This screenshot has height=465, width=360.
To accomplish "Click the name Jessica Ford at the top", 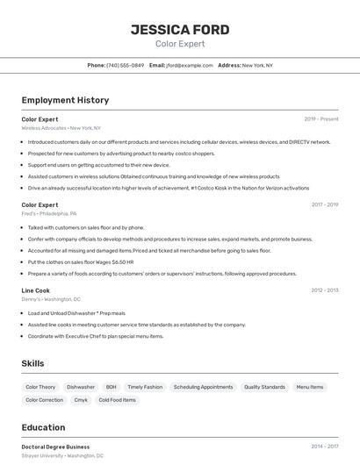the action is [x=180, y=30].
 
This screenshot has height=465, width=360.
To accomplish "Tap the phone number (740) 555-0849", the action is [x=125, y=66].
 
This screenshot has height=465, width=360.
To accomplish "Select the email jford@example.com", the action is [x=190, y=66].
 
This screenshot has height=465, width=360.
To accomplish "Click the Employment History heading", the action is [x=65, y=101].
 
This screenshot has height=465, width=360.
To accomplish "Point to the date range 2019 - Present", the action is [x=321, y=119].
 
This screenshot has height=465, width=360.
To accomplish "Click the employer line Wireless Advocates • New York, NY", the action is [x=61, y=128].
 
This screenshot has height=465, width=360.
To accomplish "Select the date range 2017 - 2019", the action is [x=324, y=204].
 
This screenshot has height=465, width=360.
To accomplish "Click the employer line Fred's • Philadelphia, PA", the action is [x=49, y=213].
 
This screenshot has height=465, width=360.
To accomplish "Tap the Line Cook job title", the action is [x=36, y=290].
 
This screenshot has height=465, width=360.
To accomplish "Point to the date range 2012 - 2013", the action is [x=324, y=290].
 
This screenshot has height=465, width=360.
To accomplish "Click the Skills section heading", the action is [x=32, y=363].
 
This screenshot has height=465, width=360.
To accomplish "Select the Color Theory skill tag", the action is [x=40, y=387].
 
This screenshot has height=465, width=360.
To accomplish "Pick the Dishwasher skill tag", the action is [x=81, y=387].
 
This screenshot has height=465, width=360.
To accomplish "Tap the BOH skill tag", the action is [x=111, y=387].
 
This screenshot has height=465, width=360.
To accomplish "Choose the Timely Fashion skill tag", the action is [x=145, y=387].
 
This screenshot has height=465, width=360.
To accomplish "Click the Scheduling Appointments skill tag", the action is [x=203, y=387].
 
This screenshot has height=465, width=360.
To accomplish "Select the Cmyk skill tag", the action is [x=81, y=400].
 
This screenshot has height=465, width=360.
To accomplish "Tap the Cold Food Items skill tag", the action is [x=117, y=400].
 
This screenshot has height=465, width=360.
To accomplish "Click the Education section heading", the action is [x=43, y=428].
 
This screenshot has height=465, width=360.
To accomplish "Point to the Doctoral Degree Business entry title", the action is [x=55, y=447].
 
